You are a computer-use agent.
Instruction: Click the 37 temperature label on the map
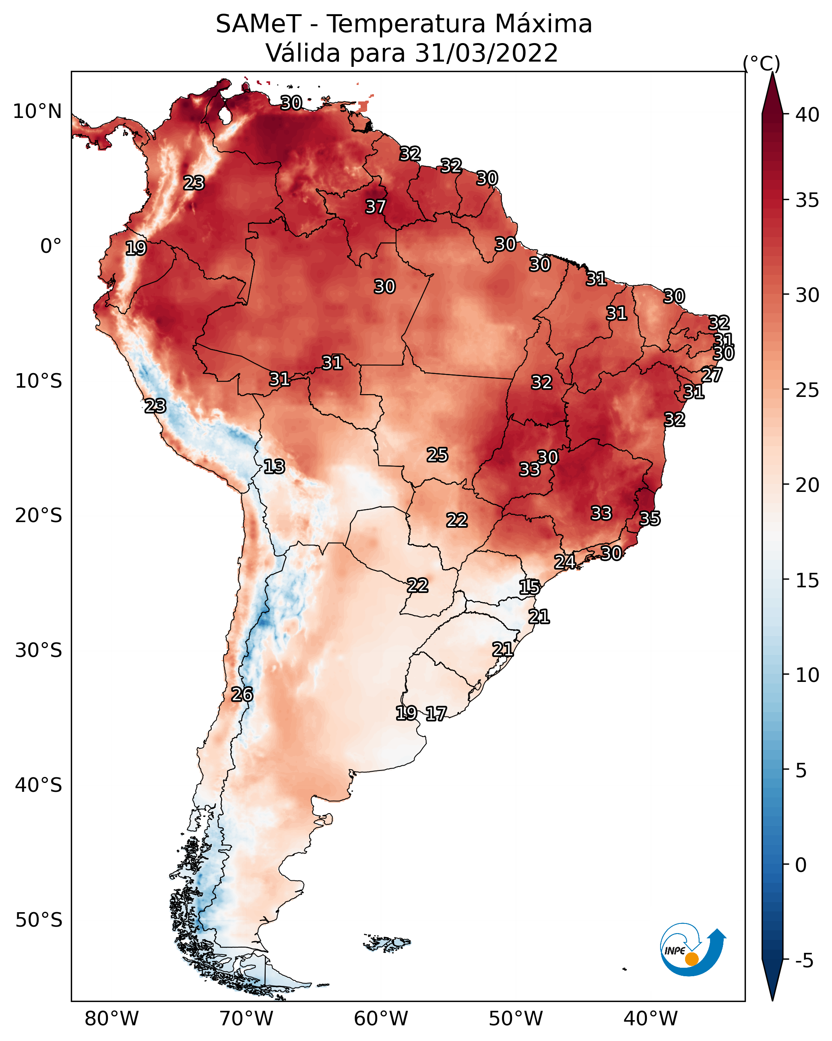click(375, 207)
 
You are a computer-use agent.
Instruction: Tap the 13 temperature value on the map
click(274, 467)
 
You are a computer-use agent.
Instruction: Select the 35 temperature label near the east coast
click(650, 518)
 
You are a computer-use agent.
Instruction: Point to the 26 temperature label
click(242, 694)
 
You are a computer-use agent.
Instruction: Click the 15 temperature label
click(529, 587)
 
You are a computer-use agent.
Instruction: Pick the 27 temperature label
click(712, 375)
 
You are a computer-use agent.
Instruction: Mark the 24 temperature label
click(564, 562)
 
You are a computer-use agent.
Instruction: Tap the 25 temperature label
click(437, 455)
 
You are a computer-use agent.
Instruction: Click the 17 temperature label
click(436, 714)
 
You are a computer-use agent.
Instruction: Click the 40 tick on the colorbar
click(807, 114)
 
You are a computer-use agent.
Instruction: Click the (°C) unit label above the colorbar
click(762, 63)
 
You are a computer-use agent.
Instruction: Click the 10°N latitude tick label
click(37, 112)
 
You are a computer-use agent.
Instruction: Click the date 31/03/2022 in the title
click(486, 53)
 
